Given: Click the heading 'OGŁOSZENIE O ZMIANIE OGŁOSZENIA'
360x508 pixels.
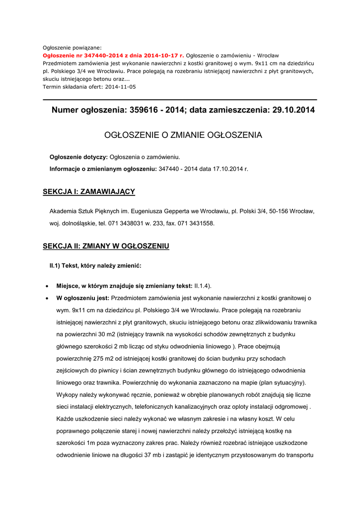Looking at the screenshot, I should (183, 135).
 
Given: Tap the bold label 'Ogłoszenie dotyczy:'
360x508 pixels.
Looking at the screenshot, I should (78, 157).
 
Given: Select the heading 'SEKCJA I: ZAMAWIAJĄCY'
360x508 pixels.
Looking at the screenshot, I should (89, 191).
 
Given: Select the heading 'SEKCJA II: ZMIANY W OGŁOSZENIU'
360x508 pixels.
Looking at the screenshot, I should (106, 246).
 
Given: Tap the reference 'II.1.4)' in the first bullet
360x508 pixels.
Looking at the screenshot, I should (203, 286).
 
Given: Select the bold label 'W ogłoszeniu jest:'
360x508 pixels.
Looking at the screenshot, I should (83, 299).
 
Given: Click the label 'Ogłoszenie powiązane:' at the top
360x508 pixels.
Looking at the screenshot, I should (72, 48).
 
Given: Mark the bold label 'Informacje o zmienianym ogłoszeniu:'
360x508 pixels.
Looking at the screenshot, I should (103, 169).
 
